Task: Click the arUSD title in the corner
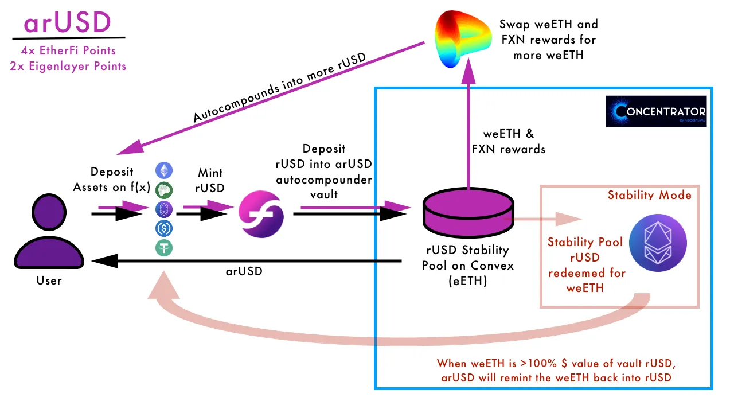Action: pyautogui.click(x=67, y=22)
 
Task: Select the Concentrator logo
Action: pyautogui.click(x=656, y=111)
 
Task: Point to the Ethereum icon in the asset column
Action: pyautogui.click(x=165, y=170)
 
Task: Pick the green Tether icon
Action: pyautogui.click(x=165, y=248)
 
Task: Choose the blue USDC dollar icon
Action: pyautogui.click(x=165, y=228)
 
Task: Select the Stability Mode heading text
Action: pyautogui.click(x=649, y=195)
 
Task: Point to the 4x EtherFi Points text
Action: pyautogui.click(x=67, y=50)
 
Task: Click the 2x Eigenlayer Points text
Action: pyautogui.click(x=68, y=66)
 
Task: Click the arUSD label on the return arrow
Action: pyautogui.click(x=243, y=271)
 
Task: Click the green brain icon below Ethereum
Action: pyautogui.click(x=165, y=189)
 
